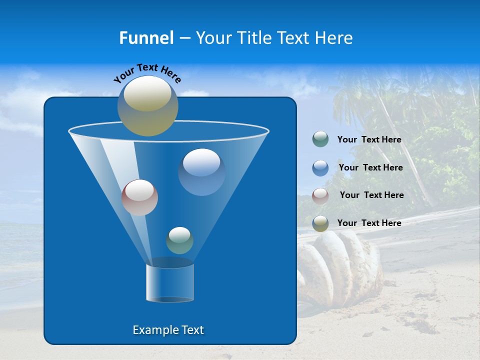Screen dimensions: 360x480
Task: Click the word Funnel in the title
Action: click(146, 38)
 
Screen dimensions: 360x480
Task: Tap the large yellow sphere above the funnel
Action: click(148, 105)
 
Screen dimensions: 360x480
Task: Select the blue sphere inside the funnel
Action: click(201, 171)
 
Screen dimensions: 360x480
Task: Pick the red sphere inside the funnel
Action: click(139, 197)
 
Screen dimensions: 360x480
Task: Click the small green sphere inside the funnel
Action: click(179, 240)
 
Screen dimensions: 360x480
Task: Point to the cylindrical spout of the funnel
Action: click(170, 283)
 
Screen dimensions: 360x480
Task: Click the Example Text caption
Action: click(168, 330)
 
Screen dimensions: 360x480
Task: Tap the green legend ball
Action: click(320, 139)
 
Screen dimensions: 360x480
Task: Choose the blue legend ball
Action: click(320, 167)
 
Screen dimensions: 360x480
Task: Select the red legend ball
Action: click(320, 195)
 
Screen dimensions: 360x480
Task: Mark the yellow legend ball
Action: click(320, 223)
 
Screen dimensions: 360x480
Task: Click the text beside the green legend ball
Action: click(369, 140)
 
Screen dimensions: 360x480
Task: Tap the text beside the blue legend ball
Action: click(370, 168)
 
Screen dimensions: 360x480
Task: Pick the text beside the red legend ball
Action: click(371, 195)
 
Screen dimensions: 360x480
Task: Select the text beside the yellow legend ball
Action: click(369, 223)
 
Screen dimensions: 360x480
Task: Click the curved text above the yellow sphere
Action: click(147, 72)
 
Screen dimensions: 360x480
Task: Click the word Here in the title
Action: click(333, 38)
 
